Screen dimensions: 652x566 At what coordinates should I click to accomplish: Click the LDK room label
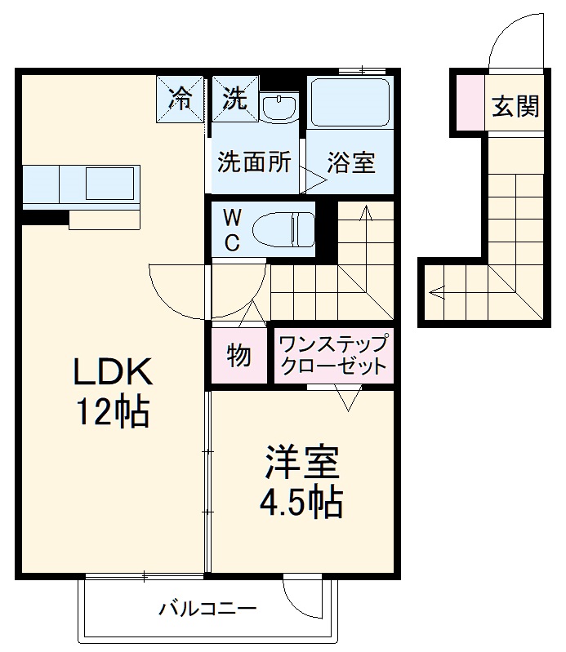(x=113, y=374)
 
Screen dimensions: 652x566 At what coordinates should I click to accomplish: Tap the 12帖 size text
(x=113, y=413)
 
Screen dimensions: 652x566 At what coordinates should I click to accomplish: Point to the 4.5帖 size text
(x=301, y=503)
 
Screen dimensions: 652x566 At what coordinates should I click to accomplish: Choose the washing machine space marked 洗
(x=234, y=99)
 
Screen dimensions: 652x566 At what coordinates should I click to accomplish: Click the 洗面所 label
(x=254, y=162)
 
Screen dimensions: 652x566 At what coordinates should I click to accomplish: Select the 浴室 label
(x=351, y=162)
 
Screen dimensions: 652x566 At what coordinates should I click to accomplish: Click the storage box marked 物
(x=238, y=356)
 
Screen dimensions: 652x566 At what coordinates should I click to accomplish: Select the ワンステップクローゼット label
(x=332, y=355)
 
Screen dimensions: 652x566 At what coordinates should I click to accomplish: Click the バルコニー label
(x=207, y=608)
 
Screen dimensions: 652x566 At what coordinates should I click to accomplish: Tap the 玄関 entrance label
(x=515, y=105)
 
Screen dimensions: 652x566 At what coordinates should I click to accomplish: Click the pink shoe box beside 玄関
(x=469, y=103)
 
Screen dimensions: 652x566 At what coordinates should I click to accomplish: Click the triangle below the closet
(x=347, y=399)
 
